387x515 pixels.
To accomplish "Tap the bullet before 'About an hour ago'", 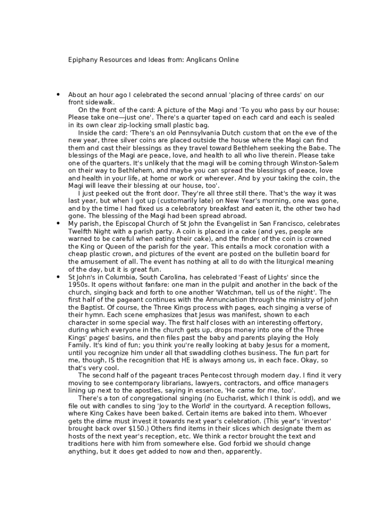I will click(58, 95).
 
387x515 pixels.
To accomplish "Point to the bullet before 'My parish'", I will click(58, 223).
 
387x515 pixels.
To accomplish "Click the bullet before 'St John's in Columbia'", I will click(58, 277).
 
